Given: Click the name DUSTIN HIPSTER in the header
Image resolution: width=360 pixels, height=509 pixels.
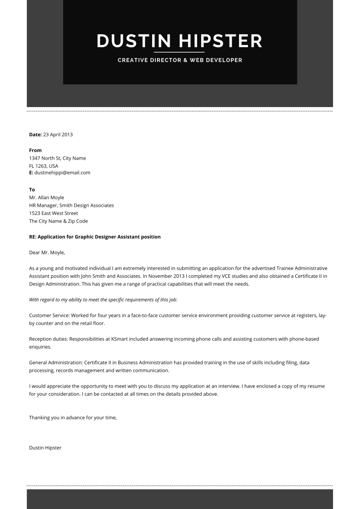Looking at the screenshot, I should [x=180, y=41].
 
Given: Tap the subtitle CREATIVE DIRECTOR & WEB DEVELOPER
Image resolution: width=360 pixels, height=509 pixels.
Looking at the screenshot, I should [x=180, y=60].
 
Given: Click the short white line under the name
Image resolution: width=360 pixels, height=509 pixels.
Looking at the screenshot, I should [x=180, y=53].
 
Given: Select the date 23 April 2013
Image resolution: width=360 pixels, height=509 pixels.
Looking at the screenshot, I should [x=58, y=134].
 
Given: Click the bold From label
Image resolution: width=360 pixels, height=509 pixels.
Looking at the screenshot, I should [x=35, y=150].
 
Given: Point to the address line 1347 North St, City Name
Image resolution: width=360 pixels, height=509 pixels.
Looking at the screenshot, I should [x=57, y=158].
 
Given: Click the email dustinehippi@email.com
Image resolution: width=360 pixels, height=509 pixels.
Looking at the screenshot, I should [x=62, y=173].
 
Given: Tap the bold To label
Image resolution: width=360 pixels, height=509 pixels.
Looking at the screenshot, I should [x=32, y=190].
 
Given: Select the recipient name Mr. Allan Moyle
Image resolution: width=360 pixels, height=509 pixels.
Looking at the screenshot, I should [x=46, y=197].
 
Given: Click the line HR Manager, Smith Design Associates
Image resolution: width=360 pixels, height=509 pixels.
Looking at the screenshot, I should [x=71, y=205].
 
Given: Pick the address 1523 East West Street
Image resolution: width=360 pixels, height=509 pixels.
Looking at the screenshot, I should [x=53, y=213].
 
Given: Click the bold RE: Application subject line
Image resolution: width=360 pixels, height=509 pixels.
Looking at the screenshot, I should [x=94, y=237].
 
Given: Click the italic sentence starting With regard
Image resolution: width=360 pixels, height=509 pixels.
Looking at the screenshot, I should [x=103, y=299].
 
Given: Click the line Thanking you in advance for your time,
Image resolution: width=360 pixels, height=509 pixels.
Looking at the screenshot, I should [x=72, y=418].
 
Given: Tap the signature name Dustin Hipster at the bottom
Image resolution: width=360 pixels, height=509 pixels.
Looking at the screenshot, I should [x=45, y=448].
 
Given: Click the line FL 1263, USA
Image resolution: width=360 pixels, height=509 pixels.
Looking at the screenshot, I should [x=43, y=166].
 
